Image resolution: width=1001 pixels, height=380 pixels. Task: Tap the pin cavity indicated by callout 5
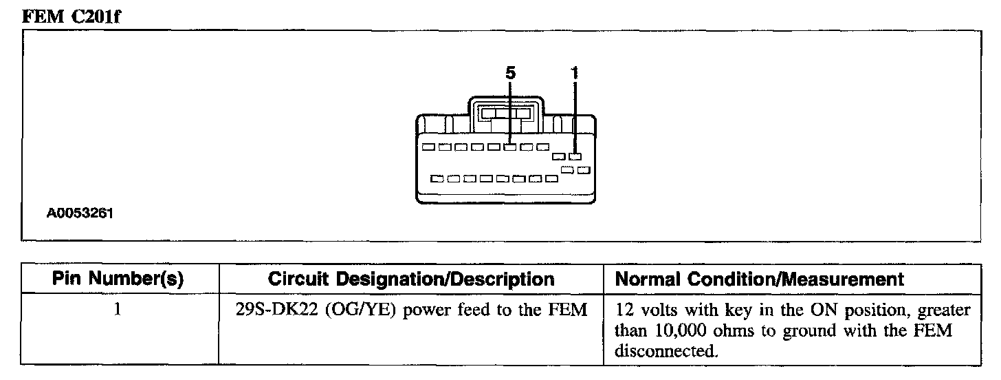(x=509, y=147)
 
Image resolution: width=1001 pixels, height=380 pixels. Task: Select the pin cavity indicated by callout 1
(x=575, y=158)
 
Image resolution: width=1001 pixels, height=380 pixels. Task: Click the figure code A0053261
(x=80, y=213)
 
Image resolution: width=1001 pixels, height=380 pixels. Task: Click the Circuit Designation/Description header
(x=411, y=279)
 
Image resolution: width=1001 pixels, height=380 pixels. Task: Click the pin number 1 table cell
(x=118, y=310)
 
